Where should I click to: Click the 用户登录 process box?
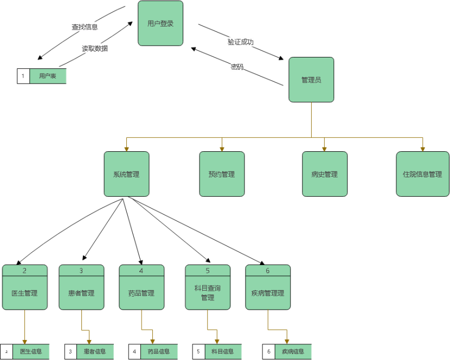pyautogui.click(x=160, y=23)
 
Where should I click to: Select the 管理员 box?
pyautogui.click(x=311, y=80)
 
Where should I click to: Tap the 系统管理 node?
pyautogui.click(x=126, y=174)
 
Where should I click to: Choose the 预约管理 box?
pyautogui.click(x=222, y=174)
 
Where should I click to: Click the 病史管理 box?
pyautogui.click(x=324, y=174)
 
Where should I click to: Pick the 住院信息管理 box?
pyautogui.click(x=422, y=174)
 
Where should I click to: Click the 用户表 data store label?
pyautogui.click(x=48, y=76)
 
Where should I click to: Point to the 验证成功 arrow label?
pyautogui.click(x=241, y=42)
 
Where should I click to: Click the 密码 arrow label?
pyautogui.click(x=237, y=67)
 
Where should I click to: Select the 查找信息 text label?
pyautogui.click(x=85, y=27)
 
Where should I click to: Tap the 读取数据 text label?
pyautogui.click(x=94, y=48)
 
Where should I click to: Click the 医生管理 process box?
pyautogui.click(x=24, y=293)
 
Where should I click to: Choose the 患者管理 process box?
pyautogui.click(x=81, y=293)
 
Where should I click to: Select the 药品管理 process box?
pyautogui.click(x=142, y=293)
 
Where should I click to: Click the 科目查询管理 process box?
pyautogui.click(x=208, y=293)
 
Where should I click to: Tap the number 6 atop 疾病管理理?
pyautogui.click(x=267, y=270)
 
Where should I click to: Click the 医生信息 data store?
pyautogui.click(x=31, y=351)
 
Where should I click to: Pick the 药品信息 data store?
pyautogui.click(x=159, y=351)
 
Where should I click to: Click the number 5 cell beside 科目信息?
pyautogui.click(x=198, y=351)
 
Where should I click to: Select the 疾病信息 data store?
pyautogui.click(x=293, y=351)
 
